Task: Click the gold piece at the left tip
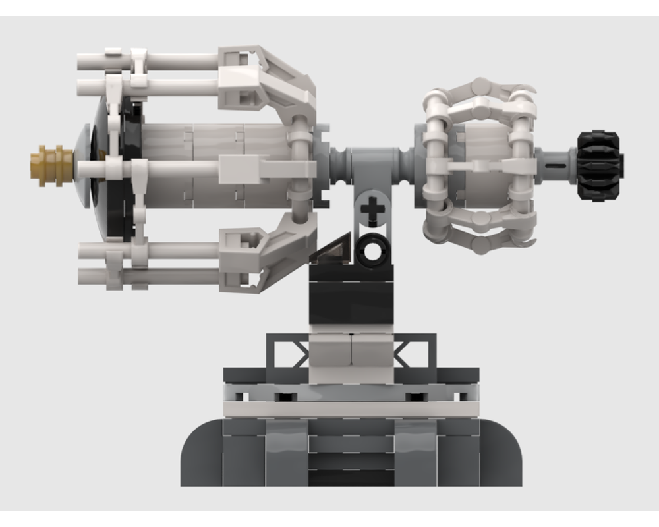(x=50, y=161)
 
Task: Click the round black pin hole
(x=374, y=250)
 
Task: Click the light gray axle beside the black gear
(x=555, y=162)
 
